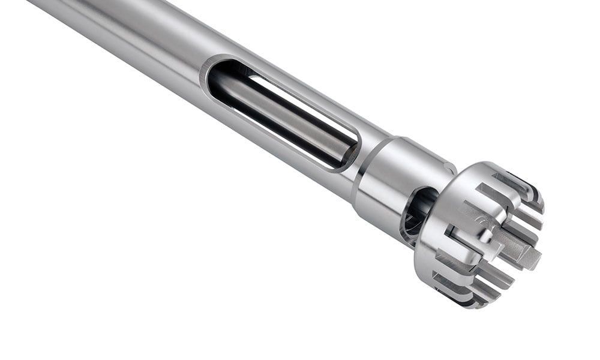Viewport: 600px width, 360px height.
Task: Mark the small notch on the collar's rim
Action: click(448, 168)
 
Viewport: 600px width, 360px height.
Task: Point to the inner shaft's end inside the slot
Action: click(339, 150)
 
